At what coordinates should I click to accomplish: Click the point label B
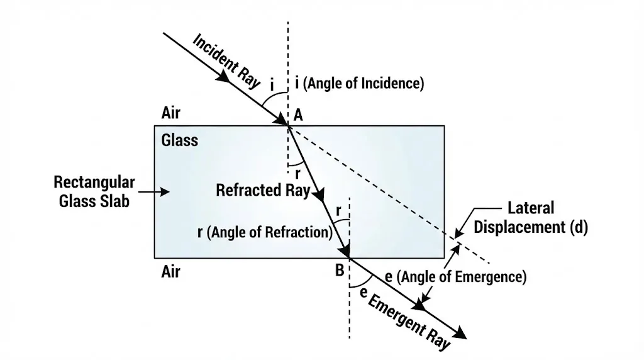tap(339, 271)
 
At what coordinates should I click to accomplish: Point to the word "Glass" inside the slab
tap(179, 140)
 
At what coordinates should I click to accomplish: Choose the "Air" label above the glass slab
tap(170, 113)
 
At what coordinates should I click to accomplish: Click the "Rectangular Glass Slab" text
tap(94, 191)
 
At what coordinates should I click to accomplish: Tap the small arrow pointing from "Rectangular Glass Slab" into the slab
tap(157, 191)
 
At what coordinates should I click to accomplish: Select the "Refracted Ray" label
tap(263, 190)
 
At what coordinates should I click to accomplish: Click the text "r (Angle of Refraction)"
tap(264, 232)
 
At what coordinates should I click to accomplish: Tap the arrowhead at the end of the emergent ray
tap(462, 334)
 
